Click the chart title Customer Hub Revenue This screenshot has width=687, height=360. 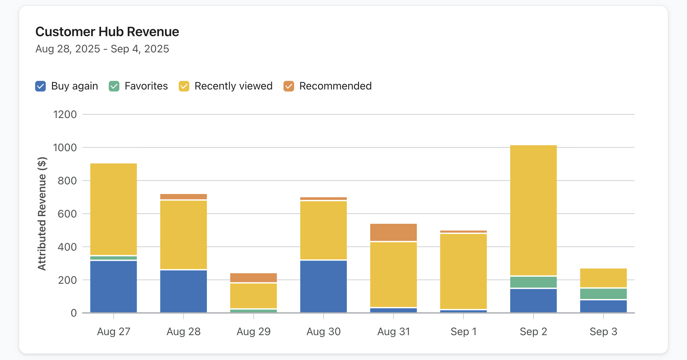tap(107, 32)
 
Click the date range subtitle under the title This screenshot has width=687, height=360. tap(102, 49)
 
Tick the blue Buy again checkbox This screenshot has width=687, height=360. tap(40, 86)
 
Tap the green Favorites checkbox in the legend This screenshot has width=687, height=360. tap(114, 86)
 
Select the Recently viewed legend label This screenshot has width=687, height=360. tap(233, 86)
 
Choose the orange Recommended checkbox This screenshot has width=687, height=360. tap(289, 86)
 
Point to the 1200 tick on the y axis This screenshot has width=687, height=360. tap(65, 115)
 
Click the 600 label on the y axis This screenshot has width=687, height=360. tap(67, 214)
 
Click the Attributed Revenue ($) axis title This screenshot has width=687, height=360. tap(42, 214)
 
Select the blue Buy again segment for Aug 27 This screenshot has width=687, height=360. tap(113, 286)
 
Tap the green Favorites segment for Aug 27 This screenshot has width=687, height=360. tap(113, 258)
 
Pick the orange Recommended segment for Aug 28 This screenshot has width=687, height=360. tap(183, 197)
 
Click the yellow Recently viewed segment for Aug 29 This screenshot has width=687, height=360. tap(253, 296)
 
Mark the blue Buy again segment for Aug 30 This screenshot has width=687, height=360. tap(323, 286)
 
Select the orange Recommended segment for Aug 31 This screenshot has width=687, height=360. tap(393, 232)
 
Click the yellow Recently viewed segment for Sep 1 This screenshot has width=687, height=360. tap(463, 271)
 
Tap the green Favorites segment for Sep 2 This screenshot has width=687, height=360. tap(533, 282)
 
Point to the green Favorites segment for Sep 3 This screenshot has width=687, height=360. tap(603, 294)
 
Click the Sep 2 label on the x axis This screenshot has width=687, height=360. tap(533, 331)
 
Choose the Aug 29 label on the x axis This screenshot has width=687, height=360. tap(253, 331)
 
